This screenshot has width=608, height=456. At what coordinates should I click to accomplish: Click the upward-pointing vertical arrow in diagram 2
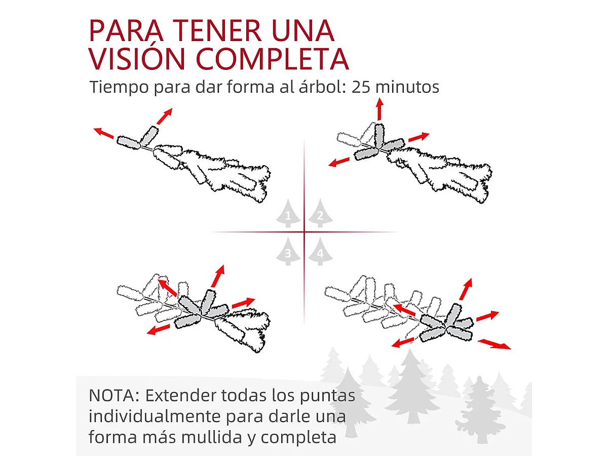[379, 108]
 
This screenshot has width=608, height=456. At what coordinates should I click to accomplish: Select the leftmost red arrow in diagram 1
[104, 133]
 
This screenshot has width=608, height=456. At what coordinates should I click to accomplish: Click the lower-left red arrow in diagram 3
[159, 329]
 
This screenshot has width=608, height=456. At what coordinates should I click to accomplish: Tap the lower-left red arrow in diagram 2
[339, 162]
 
